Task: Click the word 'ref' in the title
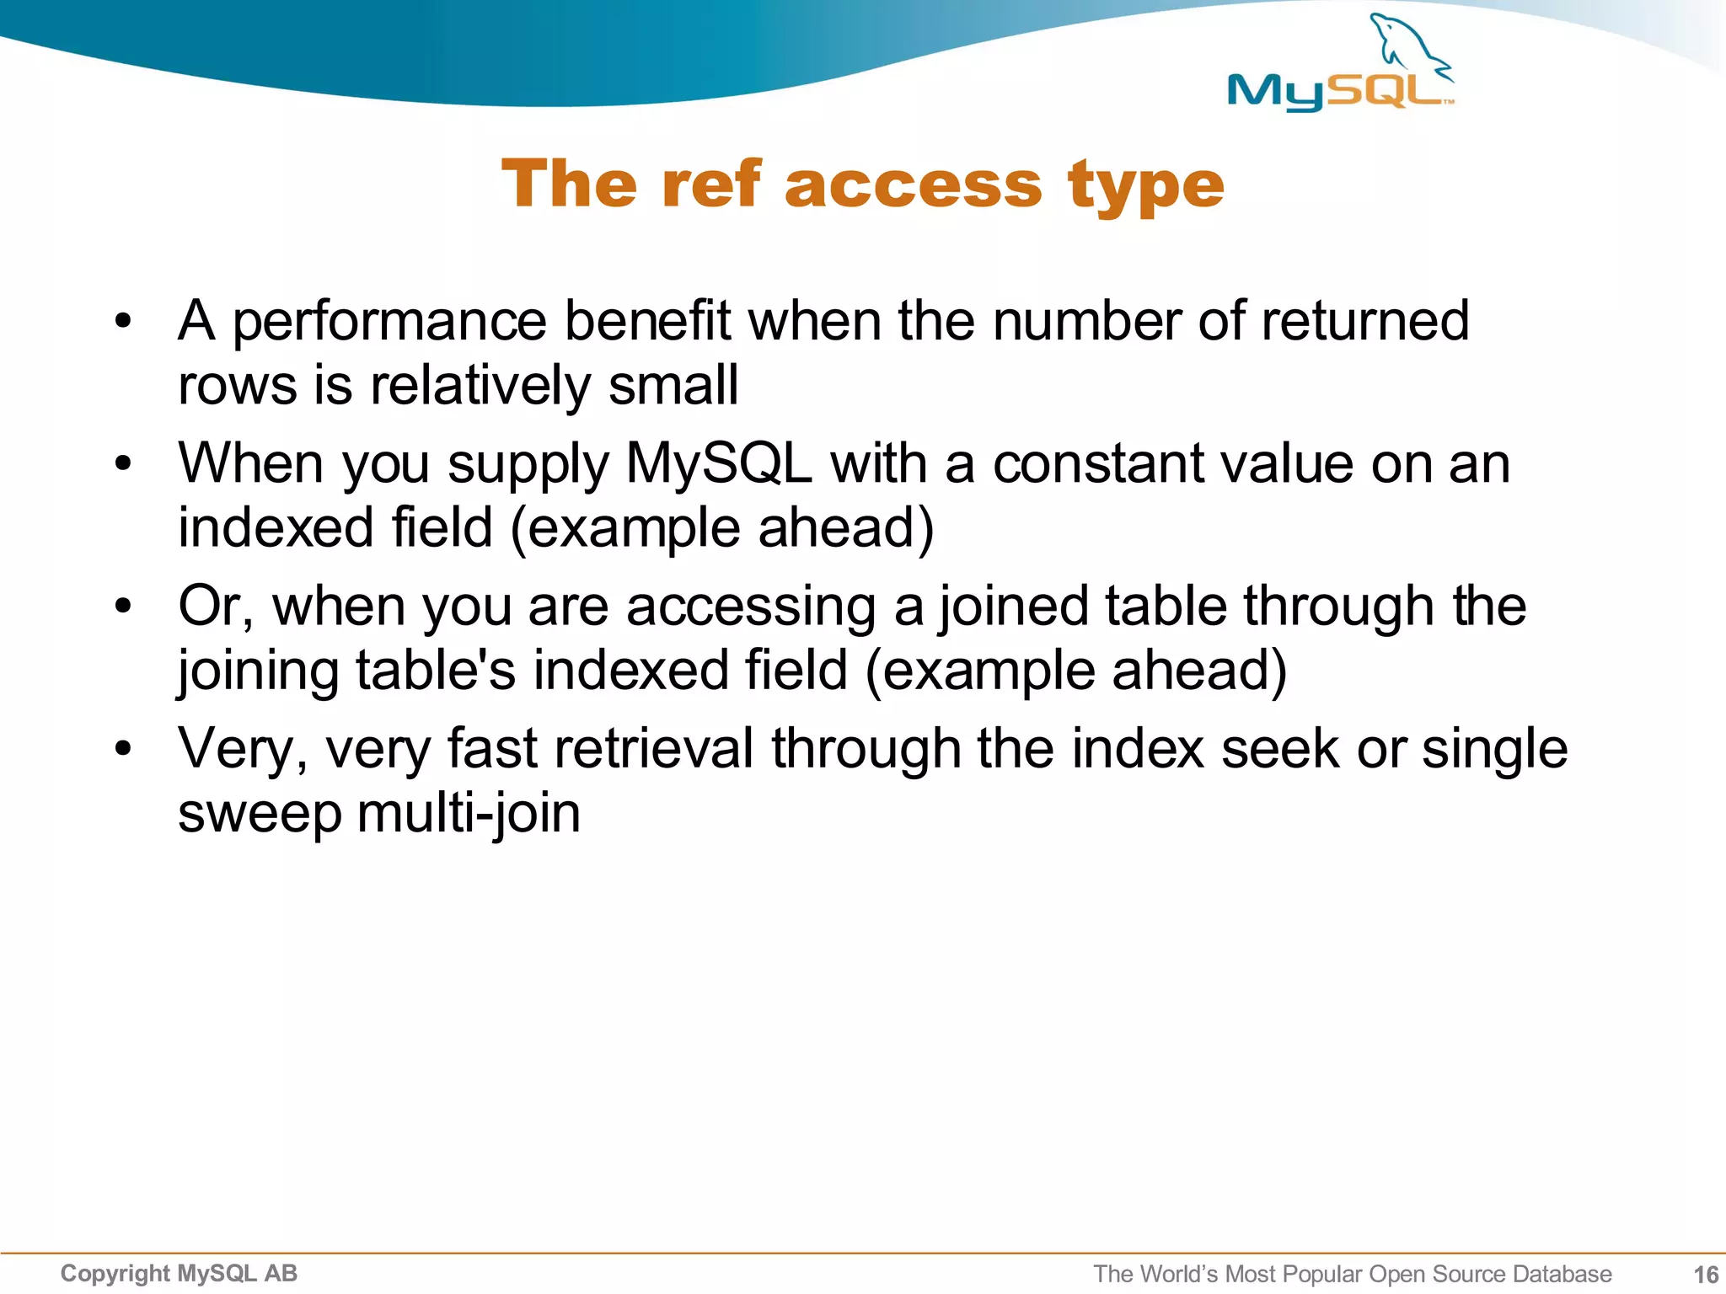coord(711,184)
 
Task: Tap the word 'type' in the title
coord(1145,185)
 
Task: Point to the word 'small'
coord(673,385)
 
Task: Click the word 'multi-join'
coord(469,814)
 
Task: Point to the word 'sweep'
coord(260,815)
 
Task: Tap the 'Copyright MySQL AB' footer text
coord(179,1273)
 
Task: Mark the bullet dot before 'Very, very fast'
coord(124,748)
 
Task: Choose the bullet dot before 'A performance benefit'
coord(124,321)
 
